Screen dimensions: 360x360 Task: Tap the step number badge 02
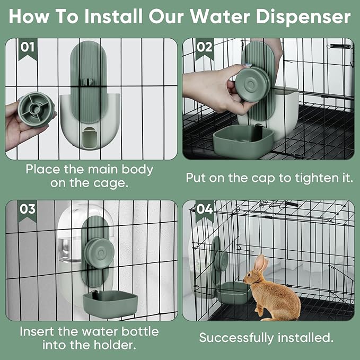coord(204,47)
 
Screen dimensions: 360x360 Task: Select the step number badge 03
coord(28,208)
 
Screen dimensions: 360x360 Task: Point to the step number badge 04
coord(205,209)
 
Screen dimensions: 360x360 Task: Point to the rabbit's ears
coord(260,264)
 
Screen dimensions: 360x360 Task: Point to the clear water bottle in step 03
coord(68,249)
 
